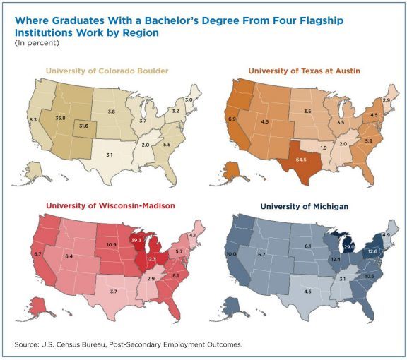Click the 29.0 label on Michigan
(348, 247)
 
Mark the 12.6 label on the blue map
(372, 252)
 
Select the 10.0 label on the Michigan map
(230, 254)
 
